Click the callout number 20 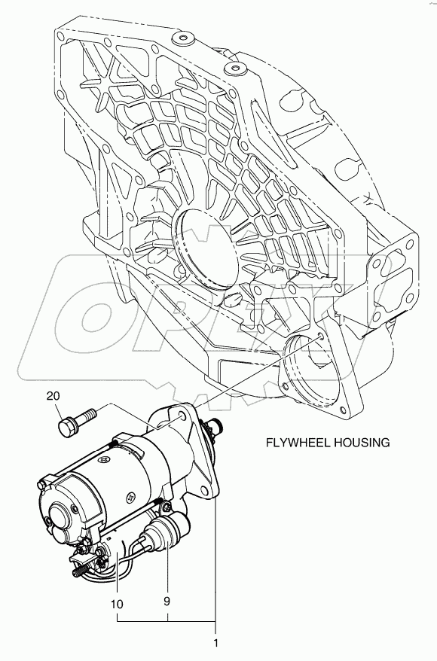tap(53, 395)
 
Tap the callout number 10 tap(118, 604)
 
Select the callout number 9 tap(167, 601)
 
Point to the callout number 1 tap(215, 643)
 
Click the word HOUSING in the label tap(361, 442)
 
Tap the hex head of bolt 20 tap(69, 427)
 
